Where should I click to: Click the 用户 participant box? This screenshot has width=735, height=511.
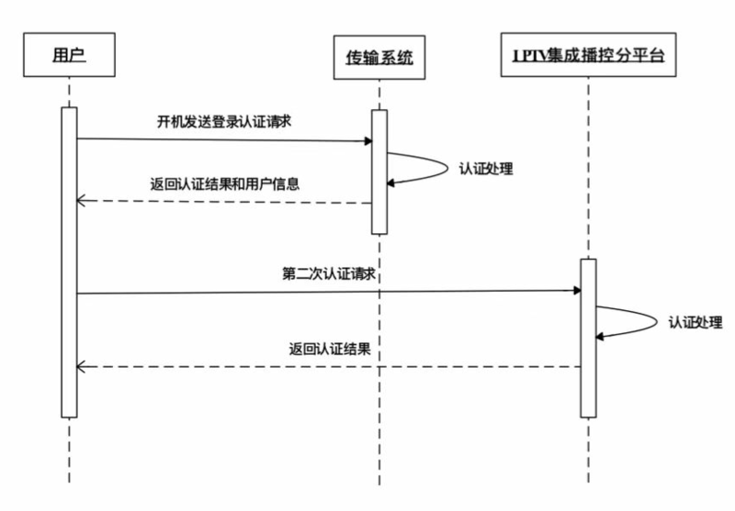pos(70,58)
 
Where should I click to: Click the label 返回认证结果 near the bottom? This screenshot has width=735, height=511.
pos(330,349)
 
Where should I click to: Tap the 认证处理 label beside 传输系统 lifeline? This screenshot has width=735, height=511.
pos(485,169)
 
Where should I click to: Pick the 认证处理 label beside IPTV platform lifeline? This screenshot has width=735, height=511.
pos(695,322)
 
